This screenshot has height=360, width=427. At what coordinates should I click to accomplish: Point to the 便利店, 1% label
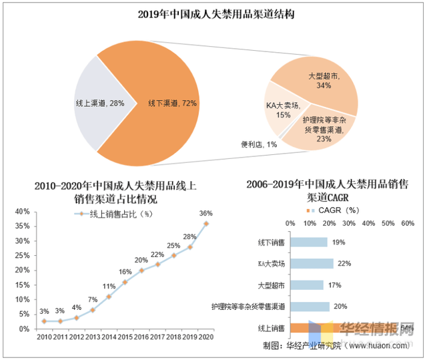pyautogui.click(x=259, y=144)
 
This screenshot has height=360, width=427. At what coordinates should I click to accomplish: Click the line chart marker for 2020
pyautogui.click(x=205, y=224)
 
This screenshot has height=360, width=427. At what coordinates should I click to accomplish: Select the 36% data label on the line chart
pyautogui.click(x=205, y=213)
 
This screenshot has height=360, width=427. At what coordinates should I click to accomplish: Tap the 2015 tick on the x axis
pyautogui.click(x=126, y=337)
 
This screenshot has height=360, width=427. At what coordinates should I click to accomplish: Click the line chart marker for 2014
pyautogui.click(x=109, y=297)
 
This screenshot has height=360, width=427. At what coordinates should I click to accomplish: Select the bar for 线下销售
pyautogui.click(x=308, y=242)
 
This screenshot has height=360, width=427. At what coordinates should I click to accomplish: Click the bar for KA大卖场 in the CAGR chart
pyautogui.click(x=311, y=264)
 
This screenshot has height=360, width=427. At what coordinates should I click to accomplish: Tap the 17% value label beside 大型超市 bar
pyautogui.click(x=334, y=285)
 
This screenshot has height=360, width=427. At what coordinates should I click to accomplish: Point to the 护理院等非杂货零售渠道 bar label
pyautogui.click(x=248, y=307)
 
